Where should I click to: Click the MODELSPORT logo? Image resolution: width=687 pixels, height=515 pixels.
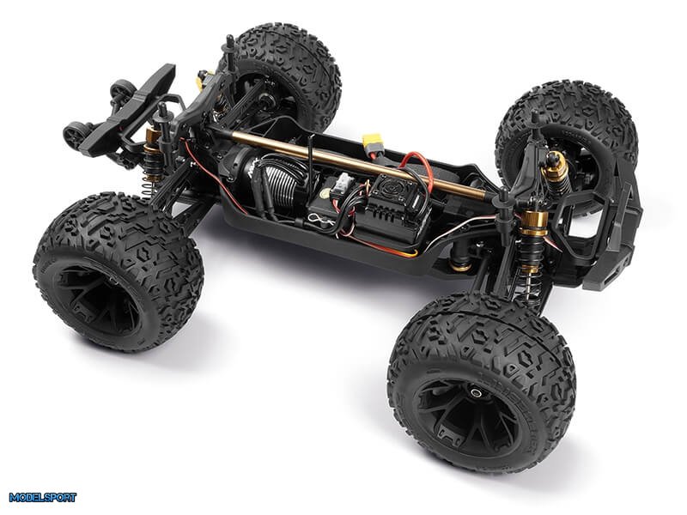pos(42,497)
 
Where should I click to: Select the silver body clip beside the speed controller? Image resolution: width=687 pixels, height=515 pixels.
pos(322,218)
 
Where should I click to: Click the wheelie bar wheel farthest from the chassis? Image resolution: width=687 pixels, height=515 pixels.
pos(118,91)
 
